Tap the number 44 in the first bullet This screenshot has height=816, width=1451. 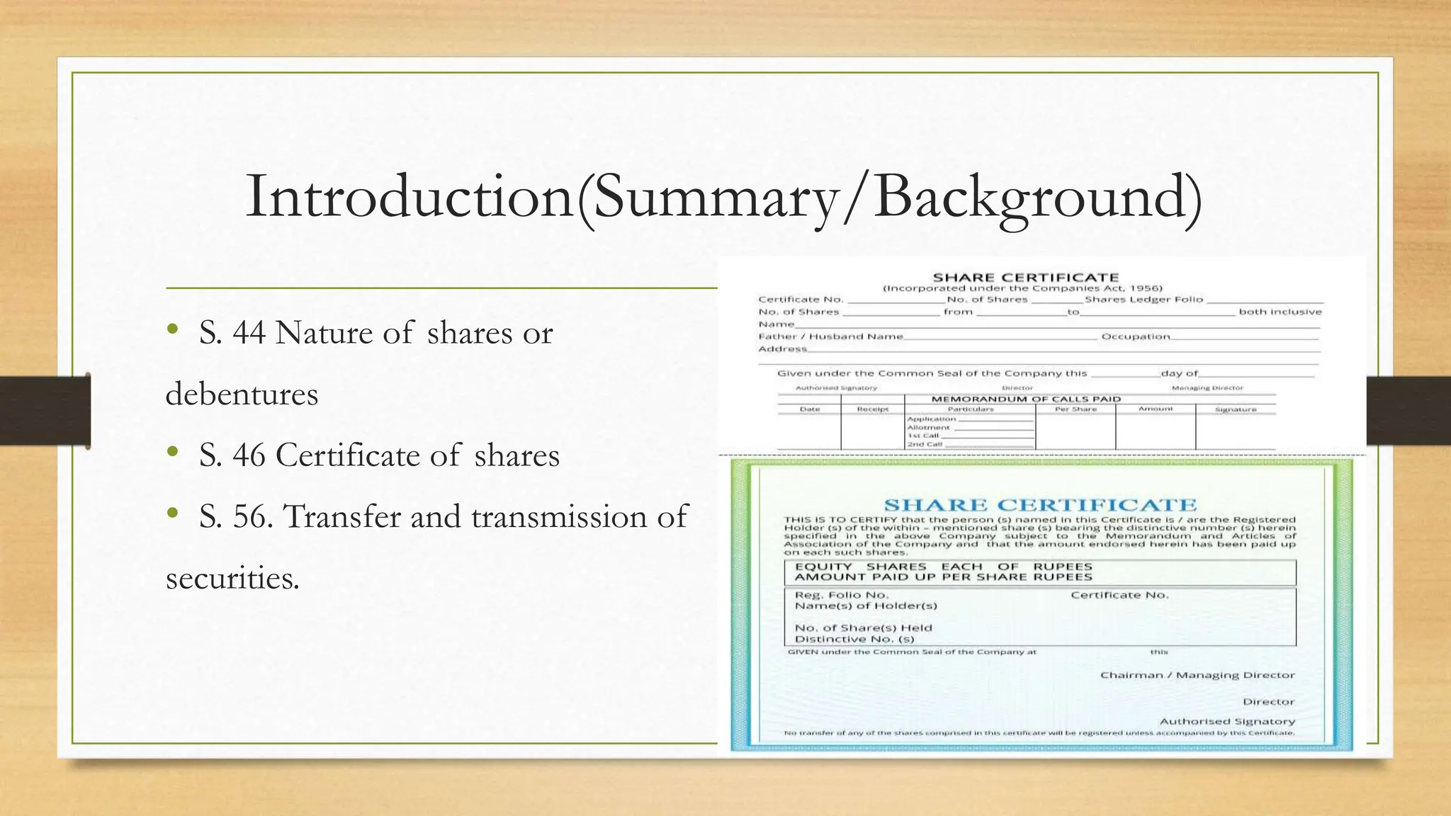coord(249,333)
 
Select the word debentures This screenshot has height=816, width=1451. coord(242,395)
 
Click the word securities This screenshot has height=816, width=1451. coord(232,579)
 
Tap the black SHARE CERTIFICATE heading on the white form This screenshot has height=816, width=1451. coord(1025,278)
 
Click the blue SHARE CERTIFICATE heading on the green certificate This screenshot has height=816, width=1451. coord(1040,505)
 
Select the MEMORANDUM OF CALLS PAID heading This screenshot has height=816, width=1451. coord(1025,399)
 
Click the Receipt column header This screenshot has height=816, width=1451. coord(872,409)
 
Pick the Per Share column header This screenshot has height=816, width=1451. coord(1075,409)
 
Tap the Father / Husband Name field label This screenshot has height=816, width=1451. coord(830,336)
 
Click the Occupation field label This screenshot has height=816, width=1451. coord(1135,336)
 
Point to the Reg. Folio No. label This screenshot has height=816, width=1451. coord(841,595)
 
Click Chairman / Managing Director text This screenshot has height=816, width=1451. coord(1197,675)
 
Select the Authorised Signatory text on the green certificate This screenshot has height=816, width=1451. coord(1226,721)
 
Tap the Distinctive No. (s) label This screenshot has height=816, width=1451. coord(854,639)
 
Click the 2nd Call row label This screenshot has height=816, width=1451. coord(925,444)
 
